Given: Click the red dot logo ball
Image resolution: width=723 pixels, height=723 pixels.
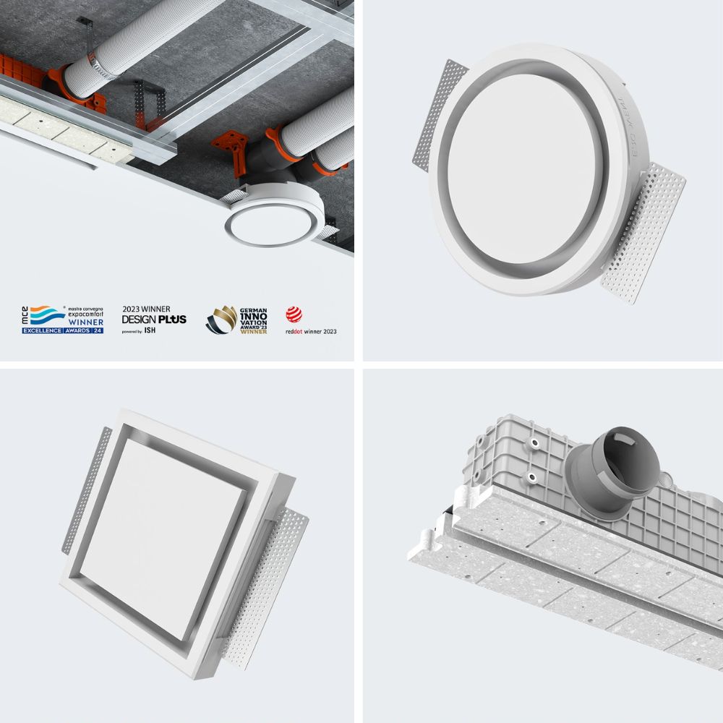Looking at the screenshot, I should (x=293, y=314).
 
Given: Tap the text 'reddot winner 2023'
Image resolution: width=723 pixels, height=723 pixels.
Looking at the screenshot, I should (x=311, y=332).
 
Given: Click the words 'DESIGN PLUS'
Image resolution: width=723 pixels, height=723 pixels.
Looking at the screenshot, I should (x=154, y=320).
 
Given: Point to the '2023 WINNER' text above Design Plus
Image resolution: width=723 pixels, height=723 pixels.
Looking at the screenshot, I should (x=147, y=309).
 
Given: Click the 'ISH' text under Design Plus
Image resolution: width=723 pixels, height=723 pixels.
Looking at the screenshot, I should (x=150, y=330).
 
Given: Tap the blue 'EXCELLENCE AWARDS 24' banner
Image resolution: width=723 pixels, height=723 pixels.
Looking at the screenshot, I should (x=63, y=330).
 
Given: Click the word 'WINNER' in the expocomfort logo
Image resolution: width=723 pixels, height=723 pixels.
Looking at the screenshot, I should (x=86, y=322).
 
